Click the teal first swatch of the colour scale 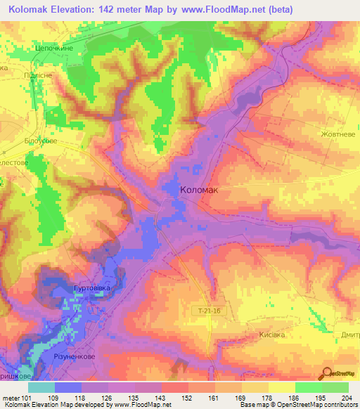(x=41, y=387)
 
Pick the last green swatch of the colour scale (x=335, y=387)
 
